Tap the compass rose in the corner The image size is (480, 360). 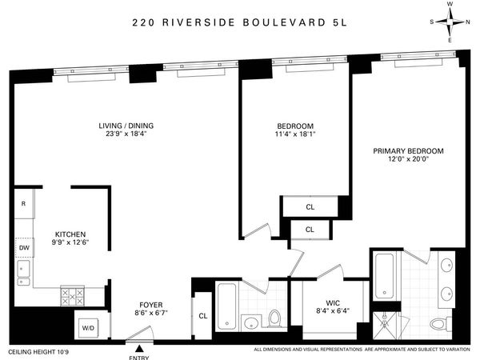point(450,22)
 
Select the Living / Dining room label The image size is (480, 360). point(126,126)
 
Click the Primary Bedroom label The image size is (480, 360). point(408,150)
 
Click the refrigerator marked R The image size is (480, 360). point(23,204)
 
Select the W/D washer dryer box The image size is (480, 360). point(86,326)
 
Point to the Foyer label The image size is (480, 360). point(151,304)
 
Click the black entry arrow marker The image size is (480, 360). point(141,345)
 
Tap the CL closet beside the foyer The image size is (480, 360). point(202,317)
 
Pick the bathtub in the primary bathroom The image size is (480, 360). point(384,276)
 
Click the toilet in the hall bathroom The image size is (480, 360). point(274,318)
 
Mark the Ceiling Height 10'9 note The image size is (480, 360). point(39,350)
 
